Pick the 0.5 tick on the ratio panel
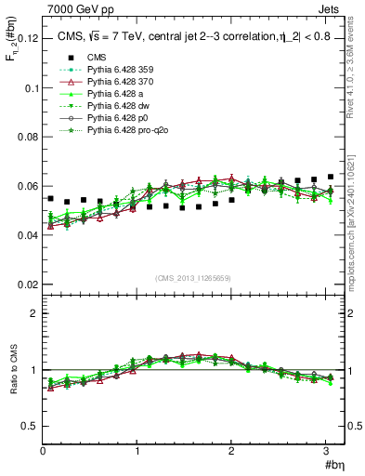[28, 426]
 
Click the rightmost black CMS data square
[331, 177]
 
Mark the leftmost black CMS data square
[50, 198]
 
